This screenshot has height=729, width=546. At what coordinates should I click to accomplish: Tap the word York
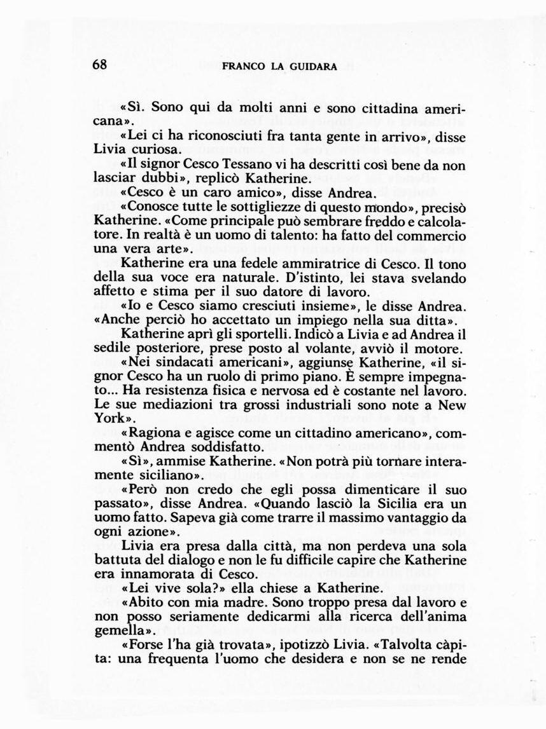click(x=109, y=419)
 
